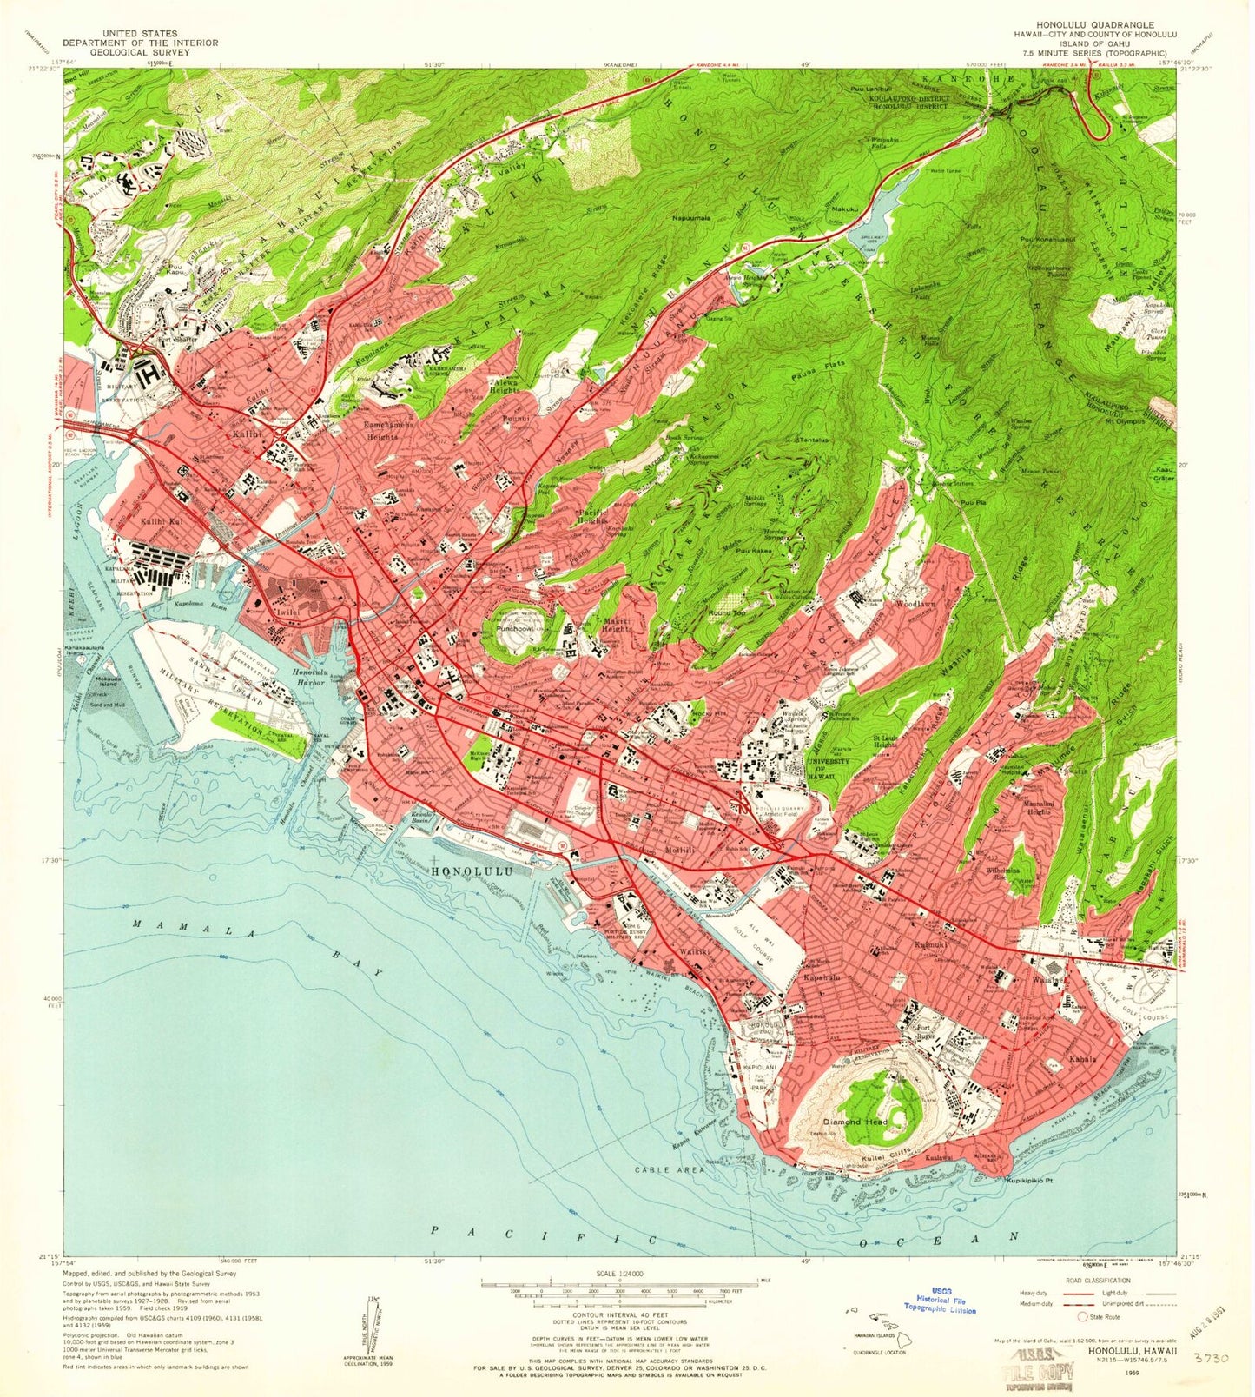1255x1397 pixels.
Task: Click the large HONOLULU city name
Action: coord(472,870)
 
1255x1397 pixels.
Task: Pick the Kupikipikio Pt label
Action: coord(1029,1181)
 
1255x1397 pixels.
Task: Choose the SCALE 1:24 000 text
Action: coord(619,1274)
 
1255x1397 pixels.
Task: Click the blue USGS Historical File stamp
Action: coord(940,1301)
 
